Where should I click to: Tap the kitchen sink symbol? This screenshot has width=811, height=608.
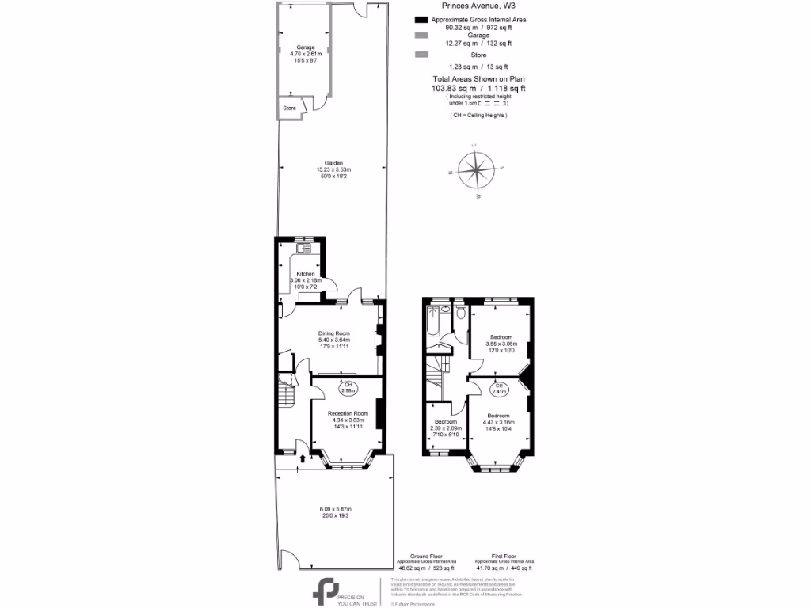303,249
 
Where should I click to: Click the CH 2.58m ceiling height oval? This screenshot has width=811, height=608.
348,387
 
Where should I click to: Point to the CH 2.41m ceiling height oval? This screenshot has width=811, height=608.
499,388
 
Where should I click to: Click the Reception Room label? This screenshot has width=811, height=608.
349,413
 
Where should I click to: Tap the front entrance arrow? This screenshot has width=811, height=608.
305,458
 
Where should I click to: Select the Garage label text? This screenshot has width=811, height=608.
305,47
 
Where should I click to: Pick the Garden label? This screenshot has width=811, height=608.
333,163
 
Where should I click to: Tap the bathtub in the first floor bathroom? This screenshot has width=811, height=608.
433,321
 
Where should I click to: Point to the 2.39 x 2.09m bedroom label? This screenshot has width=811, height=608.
445,422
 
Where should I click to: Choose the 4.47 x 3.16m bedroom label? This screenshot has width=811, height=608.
498,416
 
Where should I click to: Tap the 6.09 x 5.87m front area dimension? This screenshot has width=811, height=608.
334,509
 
